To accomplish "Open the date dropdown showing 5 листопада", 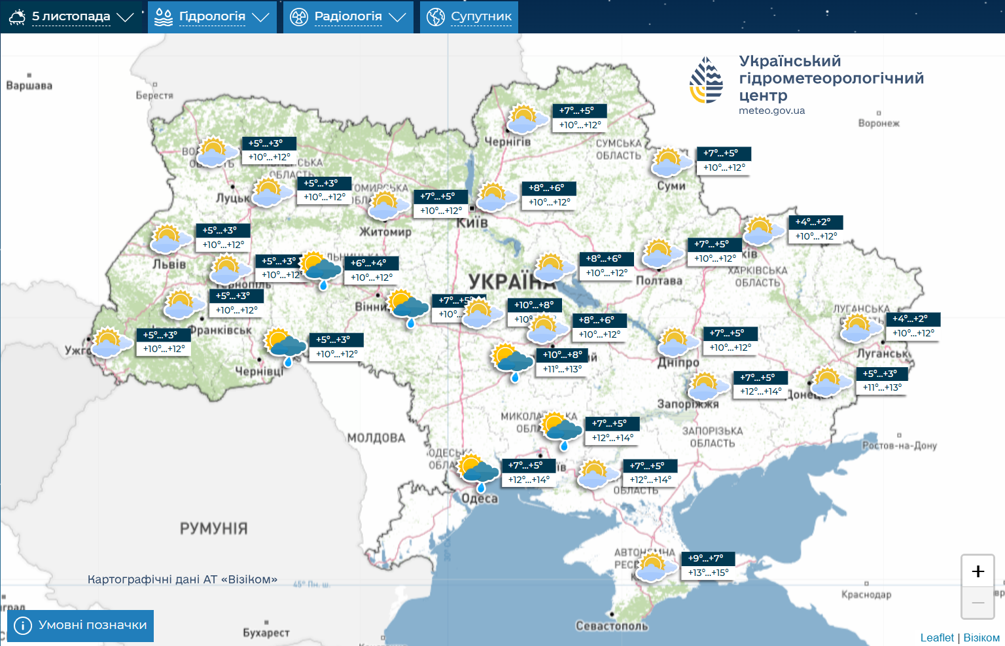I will coord(71,17).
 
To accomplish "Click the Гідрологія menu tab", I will coord(212,17).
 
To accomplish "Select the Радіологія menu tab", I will coord(348,17).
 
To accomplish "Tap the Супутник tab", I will coord(469,17).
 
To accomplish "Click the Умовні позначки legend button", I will coord(80,626).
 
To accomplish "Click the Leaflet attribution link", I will coord(937,637).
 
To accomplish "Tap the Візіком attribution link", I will coord(981,637).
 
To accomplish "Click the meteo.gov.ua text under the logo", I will coord(771,111).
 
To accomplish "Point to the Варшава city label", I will coord(29,86).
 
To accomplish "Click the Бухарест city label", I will coord(266,633).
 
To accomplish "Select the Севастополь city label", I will coord(612,626).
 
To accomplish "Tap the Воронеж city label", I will coord(879,123).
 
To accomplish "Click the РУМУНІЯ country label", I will coord(214,529).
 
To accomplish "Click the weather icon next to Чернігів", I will coord(526,119).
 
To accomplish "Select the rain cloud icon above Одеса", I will coord(477,471).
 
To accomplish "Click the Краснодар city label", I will coord(866,594).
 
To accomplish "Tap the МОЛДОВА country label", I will coord(376,438).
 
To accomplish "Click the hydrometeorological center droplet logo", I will coord(706,80).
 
